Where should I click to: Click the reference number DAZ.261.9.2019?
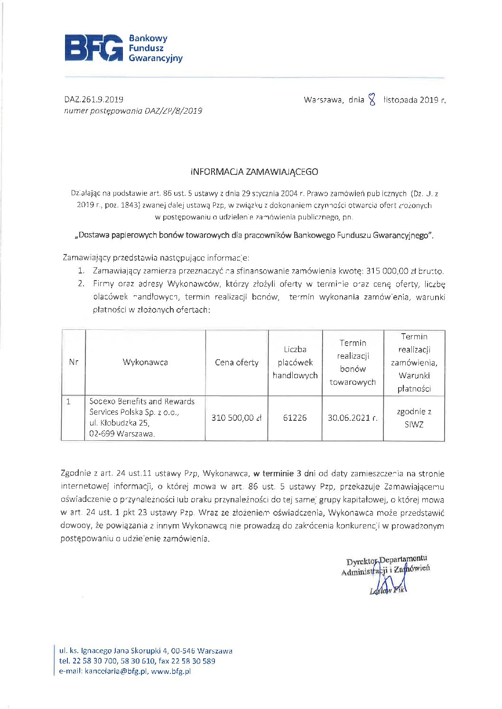point(94,100)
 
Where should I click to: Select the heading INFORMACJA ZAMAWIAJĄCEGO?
point(254,172)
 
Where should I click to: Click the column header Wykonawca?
point(145,363)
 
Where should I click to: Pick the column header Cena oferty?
point(236,363)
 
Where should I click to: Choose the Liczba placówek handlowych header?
point(295,363)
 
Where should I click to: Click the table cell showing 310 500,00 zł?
point(236,418)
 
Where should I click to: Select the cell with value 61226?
point(295,418)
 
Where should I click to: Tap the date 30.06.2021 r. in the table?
point(353,418)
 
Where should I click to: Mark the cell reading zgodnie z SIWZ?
point(414,418)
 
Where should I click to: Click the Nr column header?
point(74,363)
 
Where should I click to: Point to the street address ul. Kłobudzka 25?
point(119,423)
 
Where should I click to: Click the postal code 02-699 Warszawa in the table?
point(122,434)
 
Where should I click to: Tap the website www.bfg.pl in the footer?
point(171,672)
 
